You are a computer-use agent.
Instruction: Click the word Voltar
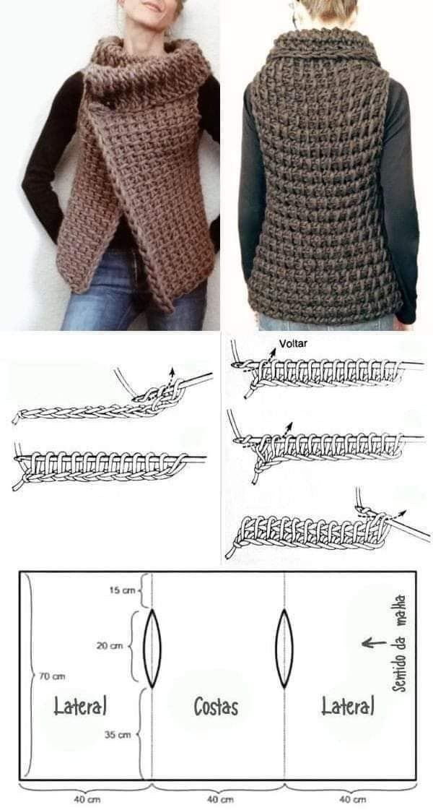[x=292, y=342]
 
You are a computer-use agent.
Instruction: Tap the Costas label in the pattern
[x=216, y=706]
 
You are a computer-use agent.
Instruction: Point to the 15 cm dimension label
[x=122, y=590]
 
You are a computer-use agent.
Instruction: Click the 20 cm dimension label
[x=110, y=646]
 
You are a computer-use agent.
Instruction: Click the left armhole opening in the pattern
[x=153, y=648]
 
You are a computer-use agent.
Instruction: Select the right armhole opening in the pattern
[x=284, y=648]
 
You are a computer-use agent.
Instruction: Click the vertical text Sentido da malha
[x=398, y=643]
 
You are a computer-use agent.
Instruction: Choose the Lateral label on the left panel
[x=80, y=706]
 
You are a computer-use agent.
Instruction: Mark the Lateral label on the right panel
[x=348, y=706]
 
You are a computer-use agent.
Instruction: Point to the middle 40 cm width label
[x=219, y=800]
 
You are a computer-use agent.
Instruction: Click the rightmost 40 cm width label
[x=352, y=800]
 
